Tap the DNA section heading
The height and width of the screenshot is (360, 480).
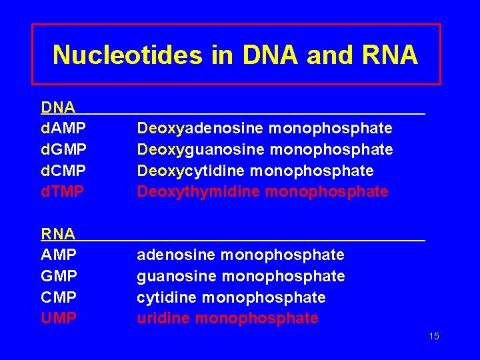tap(57, 107)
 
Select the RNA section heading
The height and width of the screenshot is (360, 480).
tap(57, 234)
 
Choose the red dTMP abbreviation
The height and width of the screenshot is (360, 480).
tap(63, 192)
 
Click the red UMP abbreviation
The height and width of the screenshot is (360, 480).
tap(59, 319)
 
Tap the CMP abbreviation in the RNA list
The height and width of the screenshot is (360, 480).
tap(59, 297)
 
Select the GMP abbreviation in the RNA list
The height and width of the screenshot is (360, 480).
tap(59, 276)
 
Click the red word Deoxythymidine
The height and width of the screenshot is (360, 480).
tap(199, 192)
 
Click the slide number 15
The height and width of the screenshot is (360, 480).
tap(434, 337)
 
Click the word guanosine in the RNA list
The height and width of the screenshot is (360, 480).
tap(176, 276)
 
